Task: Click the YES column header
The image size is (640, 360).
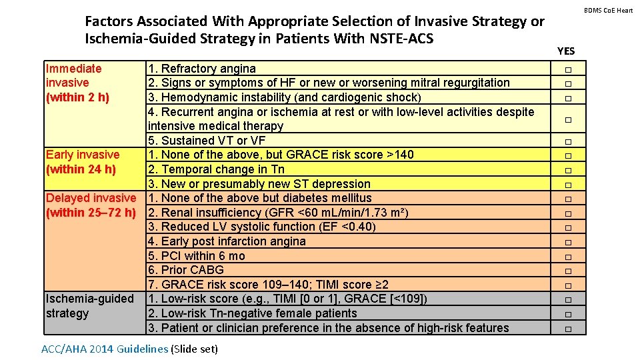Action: click(565, 51)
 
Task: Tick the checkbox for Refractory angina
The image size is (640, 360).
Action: click(568, 70)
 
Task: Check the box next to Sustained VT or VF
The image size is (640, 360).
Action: click(568, 141)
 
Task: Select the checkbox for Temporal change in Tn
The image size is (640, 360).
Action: click(568, 170)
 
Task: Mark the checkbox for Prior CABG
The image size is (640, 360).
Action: click(568, 271)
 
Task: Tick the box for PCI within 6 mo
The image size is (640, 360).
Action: click(568, 257)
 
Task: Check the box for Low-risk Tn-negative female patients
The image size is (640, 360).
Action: click(568, 314)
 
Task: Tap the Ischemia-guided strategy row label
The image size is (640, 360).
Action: click(89, 306)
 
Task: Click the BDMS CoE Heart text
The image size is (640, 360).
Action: click(609, 10)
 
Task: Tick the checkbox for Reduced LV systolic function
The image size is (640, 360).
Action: click(568, 227)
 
